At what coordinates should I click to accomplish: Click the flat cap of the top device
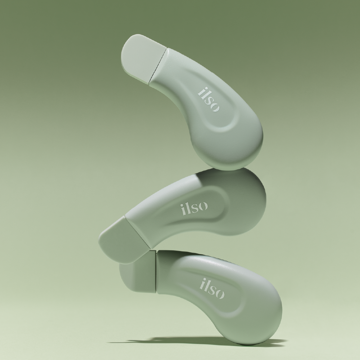pos(143,57)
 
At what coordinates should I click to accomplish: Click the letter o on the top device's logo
pos(215,107)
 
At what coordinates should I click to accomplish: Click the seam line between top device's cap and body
pos(158,65)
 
